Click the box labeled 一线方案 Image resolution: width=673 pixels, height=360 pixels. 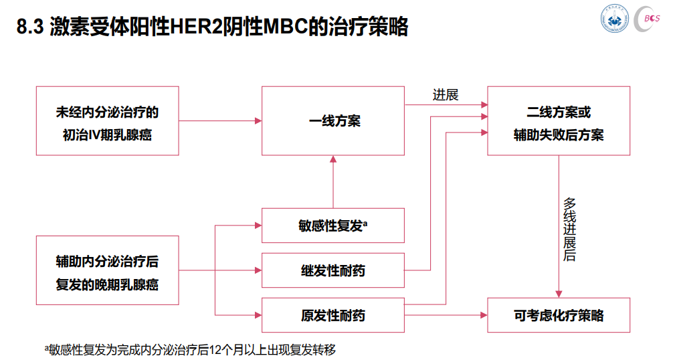pyautogui.click(x=332, y=121)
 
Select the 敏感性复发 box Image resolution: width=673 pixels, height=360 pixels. pyautogui.click(x=332, y=226)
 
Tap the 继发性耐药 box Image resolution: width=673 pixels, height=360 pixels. pyautogui.click(x=332, y=271)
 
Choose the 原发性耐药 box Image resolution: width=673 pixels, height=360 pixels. pyautogui.click(x=332, y=314)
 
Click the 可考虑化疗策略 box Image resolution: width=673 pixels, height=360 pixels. pyautogui.click(x=558, y=314)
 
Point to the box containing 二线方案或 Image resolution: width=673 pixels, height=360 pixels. pyautogui.click(x=558, y=121)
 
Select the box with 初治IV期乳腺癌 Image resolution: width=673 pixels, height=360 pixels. pyautogui.click(x=107, y=121)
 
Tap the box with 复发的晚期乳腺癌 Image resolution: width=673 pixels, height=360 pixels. pyautogui.click(x=107, y=270)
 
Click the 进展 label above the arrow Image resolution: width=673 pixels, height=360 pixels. pyautogui.click(x=446, y=95)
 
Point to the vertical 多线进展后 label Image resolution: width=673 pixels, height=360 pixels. pyautogui.click(x=569, y=229)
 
